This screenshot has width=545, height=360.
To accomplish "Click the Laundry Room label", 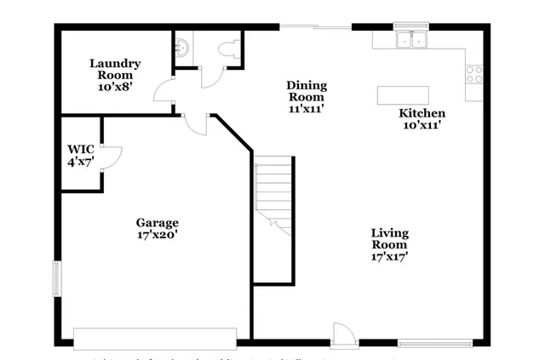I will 115,69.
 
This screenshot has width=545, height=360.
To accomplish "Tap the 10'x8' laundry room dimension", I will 115,87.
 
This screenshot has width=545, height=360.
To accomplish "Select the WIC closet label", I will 81,149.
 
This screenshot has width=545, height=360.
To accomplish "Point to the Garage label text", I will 158,223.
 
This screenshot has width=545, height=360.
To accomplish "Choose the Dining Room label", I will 307,91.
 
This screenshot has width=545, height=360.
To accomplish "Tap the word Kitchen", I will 422,113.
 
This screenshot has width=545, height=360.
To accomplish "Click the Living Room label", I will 390,239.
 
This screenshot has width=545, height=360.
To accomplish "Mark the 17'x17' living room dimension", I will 390,256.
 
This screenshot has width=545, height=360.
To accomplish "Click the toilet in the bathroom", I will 227,50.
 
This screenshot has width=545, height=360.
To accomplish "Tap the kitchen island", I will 402,94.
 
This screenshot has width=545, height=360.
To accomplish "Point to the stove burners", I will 473,74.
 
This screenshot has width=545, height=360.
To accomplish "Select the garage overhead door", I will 155,336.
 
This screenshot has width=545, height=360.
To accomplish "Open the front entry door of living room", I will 341,334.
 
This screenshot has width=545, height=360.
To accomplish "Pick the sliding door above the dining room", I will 315,28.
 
